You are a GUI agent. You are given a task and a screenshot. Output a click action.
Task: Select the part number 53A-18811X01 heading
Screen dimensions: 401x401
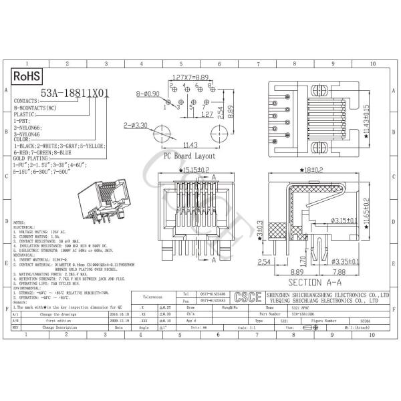click(x=74, y=94)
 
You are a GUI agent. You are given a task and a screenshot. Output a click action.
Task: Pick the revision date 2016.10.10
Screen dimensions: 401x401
click(x=120, y=312)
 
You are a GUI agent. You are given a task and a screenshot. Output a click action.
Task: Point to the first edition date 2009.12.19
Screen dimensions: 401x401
click(x=120, y=320)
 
